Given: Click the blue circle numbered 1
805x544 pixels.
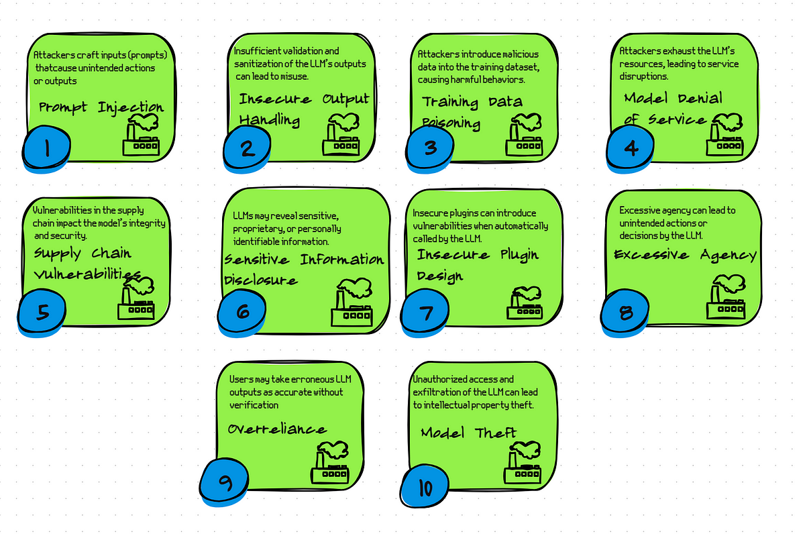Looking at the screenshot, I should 46,148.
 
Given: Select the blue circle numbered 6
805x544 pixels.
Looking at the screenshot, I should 242,311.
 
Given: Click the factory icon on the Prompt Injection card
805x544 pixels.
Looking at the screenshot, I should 141,135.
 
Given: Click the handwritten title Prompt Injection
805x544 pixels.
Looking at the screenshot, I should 101,107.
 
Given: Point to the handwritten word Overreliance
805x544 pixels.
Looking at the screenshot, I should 277,429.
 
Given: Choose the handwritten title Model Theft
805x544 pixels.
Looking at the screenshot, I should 468,433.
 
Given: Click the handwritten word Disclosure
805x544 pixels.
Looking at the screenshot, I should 260,280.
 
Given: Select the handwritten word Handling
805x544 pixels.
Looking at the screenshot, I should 269,120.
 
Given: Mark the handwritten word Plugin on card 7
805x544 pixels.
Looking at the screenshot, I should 519,255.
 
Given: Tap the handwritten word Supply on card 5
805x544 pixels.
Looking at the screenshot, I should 58,254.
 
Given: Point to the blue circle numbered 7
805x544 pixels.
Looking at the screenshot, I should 425,312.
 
